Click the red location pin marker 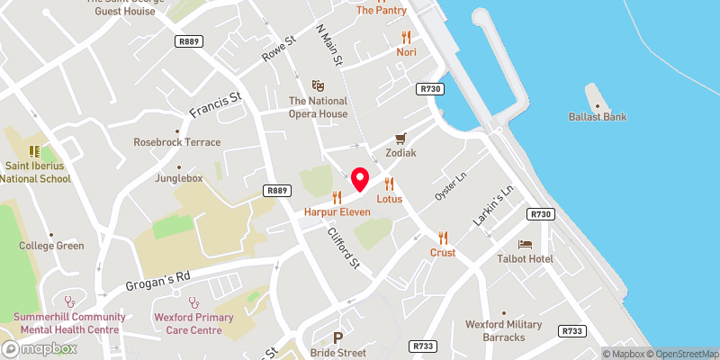(x=360, y=179)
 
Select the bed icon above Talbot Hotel (x=525, y=244)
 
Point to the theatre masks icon (x=317, y=85)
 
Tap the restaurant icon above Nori (x=406, y=37)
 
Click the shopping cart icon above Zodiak (x=400, y=139)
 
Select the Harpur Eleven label (x=337, y=212)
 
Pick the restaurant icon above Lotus (x=389, y=184)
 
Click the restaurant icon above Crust (x=443, y=238)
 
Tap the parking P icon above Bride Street (x=338, y=338)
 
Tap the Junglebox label (x=180, y=178)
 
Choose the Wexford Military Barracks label (x=504, y=330)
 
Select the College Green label (x=53, y=246)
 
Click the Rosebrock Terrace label (x=176, y=142)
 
